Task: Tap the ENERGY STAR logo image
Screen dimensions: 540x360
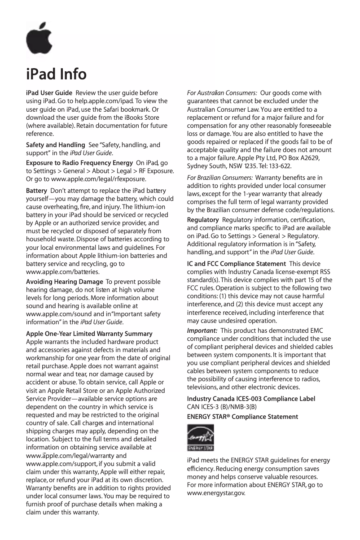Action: (200, 438)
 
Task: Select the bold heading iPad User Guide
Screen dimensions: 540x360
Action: (49, 93)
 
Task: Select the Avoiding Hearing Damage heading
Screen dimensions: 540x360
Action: (64, 281)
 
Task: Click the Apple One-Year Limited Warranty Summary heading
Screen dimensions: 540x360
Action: (89, 334)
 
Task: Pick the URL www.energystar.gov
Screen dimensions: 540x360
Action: (216, 493)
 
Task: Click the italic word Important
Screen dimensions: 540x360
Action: (202, 331)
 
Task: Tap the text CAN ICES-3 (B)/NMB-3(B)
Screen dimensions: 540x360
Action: (221, 407)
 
